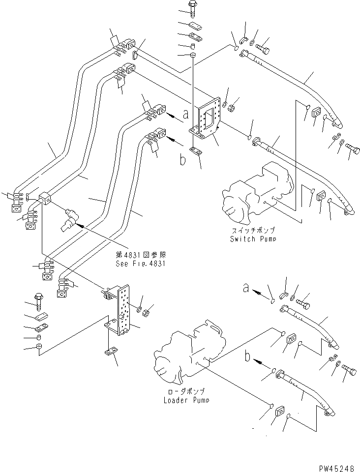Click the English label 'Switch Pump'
(x=252, y=239)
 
